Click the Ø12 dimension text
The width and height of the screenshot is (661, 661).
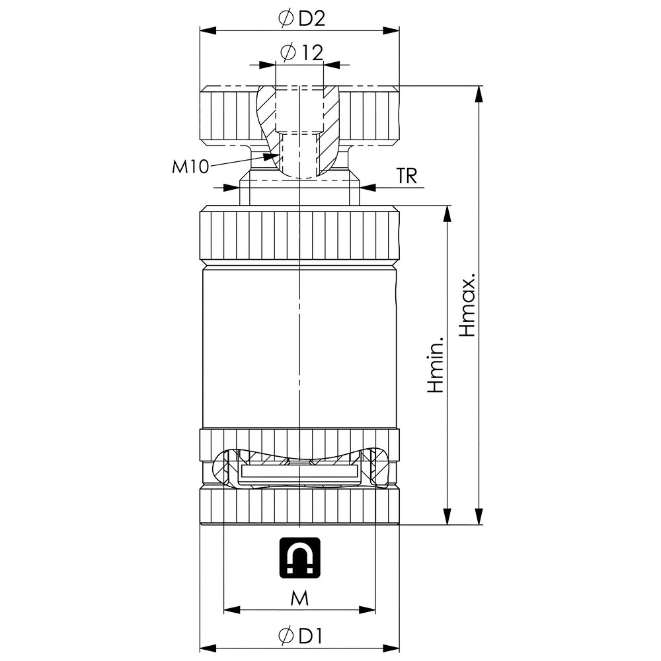[x=301, y=52]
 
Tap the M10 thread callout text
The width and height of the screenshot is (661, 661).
[x=190, y=167]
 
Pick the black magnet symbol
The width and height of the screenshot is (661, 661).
[x=300, y=556]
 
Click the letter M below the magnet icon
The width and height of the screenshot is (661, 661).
[x=300, y=598]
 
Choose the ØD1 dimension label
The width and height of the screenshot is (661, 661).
[x=301, y=637]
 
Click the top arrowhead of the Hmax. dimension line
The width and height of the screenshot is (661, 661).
[x=477, y=93]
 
